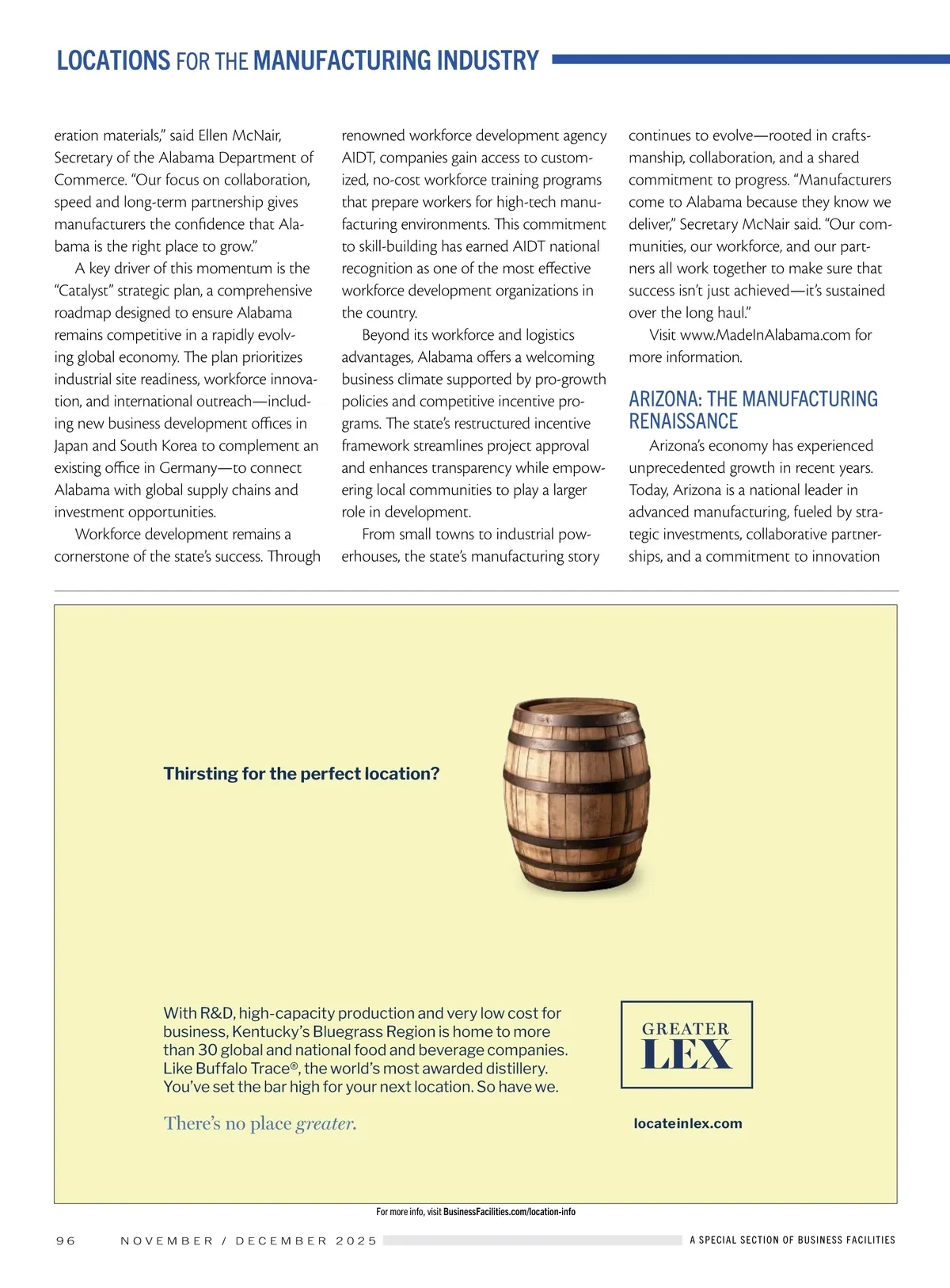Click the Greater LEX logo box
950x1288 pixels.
tap(686, 1044)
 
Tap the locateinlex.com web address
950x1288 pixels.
tap(688, 1123)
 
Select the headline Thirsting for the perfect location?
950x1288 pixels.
tap(301, 774)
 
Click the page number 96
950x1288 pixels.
tap(66, 1240)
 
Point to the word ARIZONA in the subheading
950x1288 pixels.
tap(663, 399)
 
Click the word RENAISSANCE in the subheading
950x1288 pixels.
tap(683, 421)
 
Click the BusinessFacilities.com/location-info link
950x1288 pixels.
tap(509, 1212)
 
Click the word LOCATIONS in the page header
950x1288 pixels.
tap(113, 60)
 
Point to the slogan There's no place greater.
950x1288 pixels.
tap(260, 1123)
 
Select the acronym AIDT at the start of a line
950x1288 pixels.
tap(358, 158)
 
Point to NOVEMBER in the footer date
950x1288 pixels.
tap(167, 1240)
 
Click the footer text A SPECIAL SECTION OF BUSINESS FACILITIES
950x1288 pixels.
tap(792, 1240)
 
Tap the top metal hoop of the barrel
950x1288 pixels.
tap(576, 716)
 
